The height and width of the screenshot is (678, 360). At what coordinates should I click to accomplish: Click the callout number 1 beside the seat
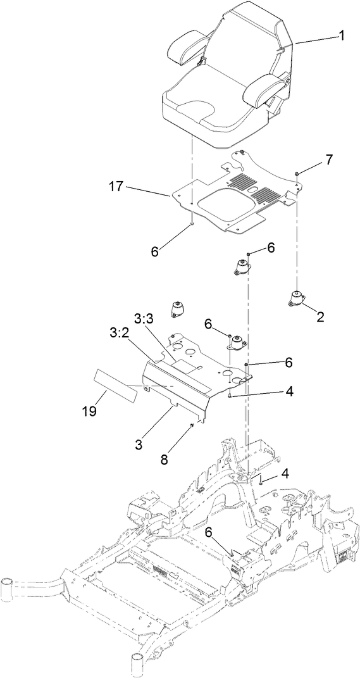tap(341, 36)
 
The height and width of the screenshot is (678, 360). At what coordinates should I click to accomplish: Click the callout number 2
tap(320, 318)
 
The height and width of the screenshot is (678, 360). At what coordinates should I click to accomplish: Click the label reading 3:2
tap(119, 332)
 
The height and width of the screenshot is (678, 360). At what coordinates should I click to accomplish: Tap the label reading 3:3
tap(146, 316)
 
